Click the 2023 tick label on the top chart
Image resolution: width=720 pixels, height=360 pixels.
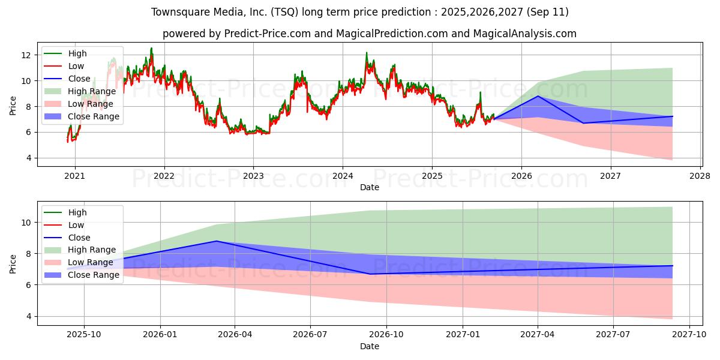pyautogui.click(x=253, y=176)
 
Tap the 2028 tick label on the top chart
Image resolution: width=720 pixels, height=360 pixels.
pyautogui.click(x=700, y=176)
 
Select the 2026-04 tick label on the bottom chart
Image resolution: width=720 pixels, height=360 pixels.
pyautogui.click(x=235, y=335)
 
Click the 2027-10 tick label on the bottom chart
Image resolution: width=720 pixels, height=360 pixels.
pyautogui.click(x=689, y=335)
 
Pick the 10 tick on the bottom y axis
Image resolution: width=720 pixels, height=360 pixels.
pyautogui.click(x=26, y=223)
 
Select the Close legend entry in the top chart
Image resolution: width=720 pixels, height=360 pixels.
pyautogui.click(x=79, y=79)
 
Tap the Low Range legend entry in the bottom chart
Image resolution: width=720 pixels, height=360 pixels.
pyautogui.click(x=90, y=262)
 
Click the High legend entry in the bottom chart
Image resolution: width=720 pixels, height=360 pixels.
pyautogui.click(x=77, y=212)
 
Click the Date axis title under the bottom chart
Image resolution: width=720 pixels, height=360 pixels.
pyautogui.click(x=370, y=346)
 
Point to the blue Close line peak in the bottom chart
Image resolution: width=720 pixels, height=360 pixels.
pyautogui.click(x=217, y=241)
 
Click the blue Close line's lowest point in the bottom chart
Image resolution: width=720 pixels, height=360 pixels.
pyautogui.click(x=370, y=274)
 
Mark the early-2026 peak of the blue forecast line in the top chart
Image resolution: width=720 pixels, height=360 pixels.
pyautogui.click(x=538, y=96)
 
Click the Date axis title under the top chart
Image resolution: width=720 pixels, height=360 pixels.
pyautogui.click(x=370, y=187)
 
